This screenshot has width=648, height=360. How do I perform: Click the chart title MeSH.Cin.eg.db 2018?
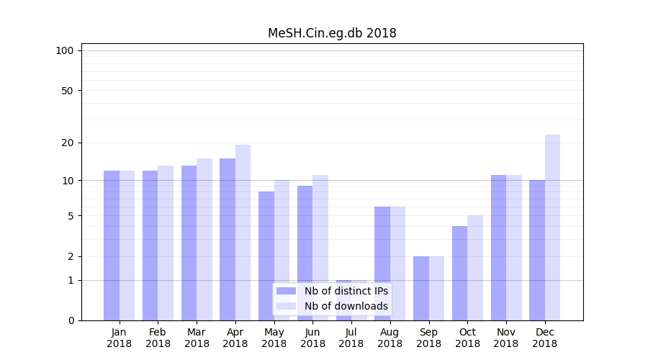pyautogui.click(x=332, y=33)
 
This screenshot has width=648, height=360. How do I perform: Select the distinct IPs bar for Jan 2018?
pyautogui.click(x=112, y=246)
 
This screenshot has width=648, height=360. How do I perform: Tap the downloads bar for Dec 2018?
pyautogui.click(x=552, y=228)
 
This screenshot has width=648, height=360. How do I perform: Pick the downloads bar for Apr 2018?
pyautogui.click(x=243, y=233)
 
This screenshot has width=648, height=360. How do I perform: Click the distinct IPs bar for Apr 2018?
pyautogui.click(x=228, y=239)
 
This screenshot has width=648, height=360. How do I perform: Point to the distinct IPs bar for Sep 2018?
pyautogui.click(x=421, y=288)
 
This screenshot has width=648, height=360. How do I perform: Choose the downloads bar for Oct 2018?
pyautogui.click(x=475, y=268)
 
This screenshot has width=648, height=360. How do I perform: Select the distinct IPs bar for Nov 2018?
pyautogui.click(x=498, y=248)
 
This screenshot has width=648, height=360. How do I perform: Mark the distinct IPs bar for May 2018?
pyautogui.click(x=266, y=256)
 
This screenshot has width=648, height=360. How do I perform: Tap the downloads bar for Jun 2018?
pyautogui.click(x=320, y=248)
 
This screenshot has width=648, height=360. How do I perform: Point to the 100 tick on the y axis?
pyautogui.click(x=65, y=50)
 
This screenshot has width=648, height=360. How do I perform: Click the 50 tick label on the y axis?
pyautogui.click(x=68, y=91)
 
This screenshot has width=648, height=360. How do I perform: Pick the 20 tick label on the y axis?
pyautogui.click(x=68, y=143)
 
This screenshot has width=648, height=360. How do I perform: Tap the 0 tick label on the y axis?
pyautogui.click(x=71, y=320)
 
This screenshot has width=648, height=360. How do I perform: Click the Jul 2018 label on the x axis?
pyautogui.click(x=351, y=338)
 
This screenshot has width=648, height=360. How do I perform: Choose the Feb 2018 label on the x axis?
pyautogui.click(x=158, y=338)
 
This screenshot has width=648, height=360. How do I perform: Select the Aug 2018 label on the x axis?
pyautogui.click(x=390, y=338)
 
